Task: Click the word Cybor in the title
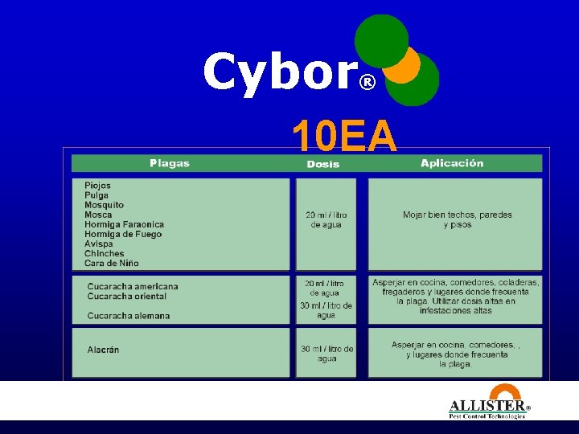pos(278,72)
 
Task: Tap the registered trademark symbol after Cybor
pos(367,83)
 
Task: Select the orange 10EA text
pos(344,136)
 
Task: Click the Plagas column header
pos(170,163)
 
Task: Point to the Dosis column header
pos(323,164)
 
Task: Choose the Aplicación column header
pos(452,163)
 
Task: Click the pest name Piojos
pos(97,186)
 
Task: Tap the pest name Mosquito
pos(104,205)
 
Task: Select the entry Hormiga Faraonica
pos(124,224)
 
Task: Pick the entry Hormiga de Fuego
pos(123,234)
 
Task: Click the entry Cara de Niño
pos(111,263)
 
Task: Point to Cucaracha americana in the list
pos(133,286)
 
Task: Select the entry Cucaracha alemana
pos(129,316)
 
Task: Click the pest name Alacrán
pos(103,350)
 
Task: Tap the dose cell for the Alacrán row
pos(326,354)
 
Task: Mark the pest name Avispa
pos(99,244)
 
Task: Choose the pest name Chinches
pos(105,253)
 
